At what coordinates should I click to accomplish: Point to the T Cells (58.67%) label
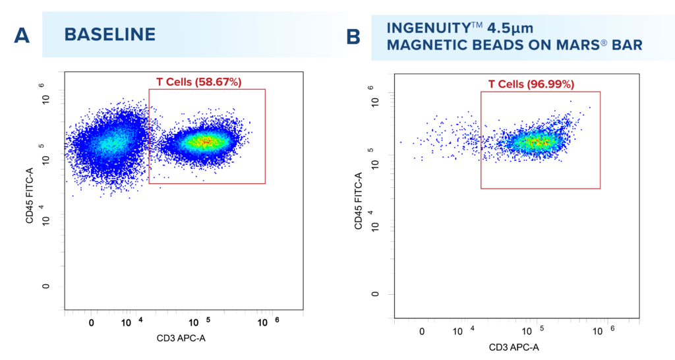[x=198, y=82]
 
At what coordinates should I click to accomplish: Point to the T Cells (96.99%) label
[x=531, y=84]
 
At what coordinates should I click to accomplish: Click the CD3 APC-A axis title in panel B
[x=515, y=347]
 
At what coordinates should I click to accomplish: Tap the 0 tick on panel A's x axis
[x=91, y=322]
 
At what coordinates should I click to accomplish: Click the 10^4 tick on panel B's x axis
[x=461, y=330]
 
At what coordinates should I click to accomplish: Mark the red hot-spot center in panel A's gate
[x=206, y=140]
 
